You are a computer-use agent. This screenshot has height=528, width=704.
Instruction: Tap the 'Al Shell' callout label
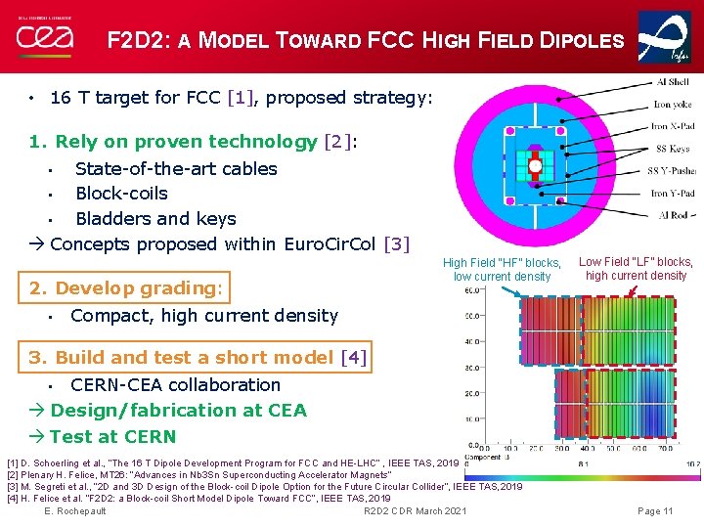coord(673,83)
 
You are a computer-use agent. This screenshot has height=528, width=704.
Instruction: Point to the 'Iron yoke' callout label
coord(674,105)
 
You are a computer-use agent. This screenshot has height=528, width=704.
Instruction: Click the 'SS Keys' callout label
coord(673,149)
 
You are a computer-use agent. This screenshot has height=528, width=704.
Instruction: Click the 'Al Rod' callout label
coord(676,214)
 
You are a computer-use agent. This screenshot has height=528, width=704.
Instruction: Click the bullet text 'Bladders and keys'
coord(155,219)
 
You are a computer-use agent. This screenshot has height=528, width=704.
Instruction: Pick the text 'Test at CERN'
coord(112,437)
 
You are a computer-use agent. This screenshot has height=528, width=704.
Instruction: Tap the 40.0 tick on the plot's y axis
coord(471,342)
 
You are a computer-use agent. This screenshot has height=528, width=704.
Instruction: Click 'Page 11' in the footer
coord(654,511)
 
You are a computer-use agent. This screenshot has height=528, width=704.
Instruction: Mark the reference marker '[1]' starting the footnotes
coord(12,462)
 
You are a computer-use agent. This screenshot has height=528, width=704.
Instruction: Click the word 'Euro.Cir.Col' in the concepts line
coord(330,244)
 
